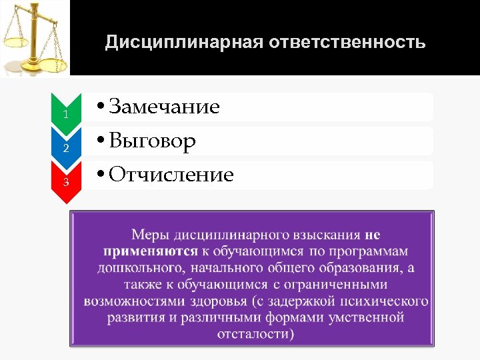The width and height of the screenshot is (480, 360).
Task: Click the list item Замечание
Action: point(164,107)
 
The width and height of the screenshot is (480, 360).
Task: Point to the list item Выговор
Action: point(152,141)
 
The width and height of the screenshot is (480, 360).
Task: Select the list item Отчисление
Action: point(171,175)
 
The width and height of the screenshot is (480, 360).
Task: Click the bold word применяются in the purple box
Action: point(150,251)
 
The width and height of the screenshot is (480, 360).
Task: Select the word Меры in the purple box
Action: point(150,235)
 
